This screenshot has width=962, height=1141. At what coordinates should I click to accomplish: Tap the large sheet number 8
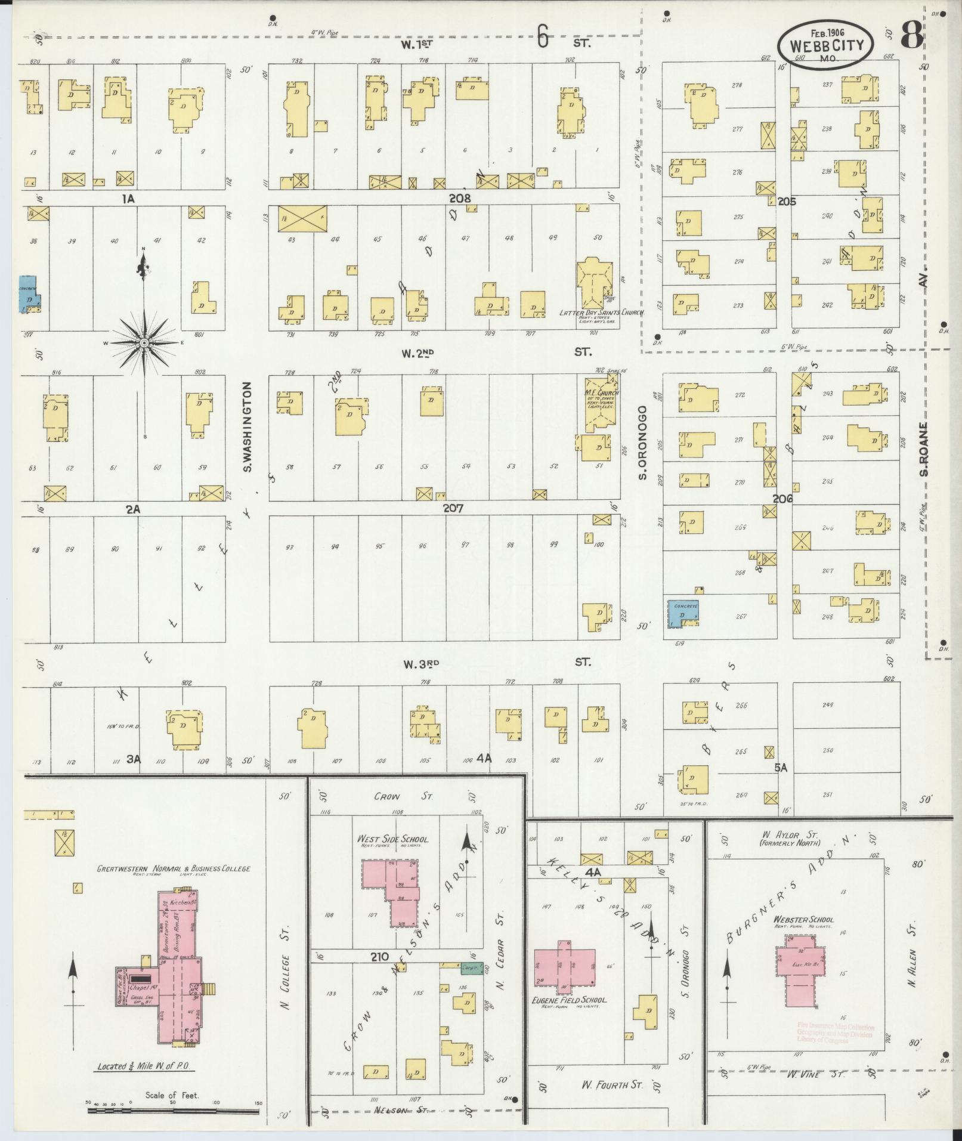pyautogui.click(x=912, y=36)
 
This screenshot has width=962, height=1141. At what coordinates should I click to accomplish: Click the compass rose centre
pyautogui.click(x=144, y=343)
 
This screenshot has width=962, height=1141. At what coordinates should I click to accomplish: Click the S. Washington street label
pyautogui.click(x=248, y=426)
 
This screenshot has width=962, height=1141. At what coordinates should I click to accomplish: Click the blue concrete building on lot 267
pyautogui.click(x=682, y=613)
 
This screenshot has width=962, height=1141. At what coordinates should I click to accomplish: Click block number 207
pyautogui.click(x=453, y=508)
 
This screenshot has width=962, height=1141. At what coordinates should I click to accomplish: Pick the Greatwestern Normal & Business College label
pyautogui.click(x=174, y=868)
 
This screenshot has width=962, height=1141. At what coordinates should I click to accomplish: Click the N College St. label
pyautogui.click(x=284, y=975)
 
